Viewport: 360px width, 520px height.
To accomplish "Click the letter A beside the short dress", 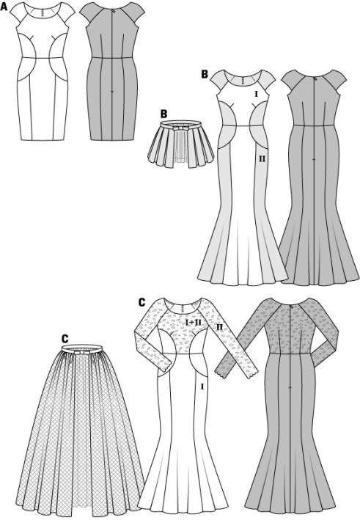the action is [x=4, y=7].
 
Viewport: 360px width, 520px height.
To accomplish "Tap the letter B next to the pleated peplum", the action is [x=164, y=114].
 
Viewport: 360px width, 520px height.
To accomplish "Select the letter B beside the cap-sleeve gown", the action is [x=205, y=74].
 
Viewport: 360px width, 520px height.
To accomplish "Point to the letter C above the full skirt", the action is [x=65, y=338].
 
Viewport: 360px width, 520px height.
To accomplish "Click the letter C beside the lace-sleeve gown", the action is [x=142, y=302].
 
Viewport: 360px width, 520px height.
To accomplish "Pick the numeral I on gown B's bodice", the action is [x=256, y=94].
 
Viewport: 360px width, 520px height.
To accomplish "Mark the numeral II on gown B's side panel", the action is [x=262, y=159].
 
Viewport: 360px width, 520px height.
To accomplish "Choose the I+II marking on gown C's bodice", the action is [x=191, y=322].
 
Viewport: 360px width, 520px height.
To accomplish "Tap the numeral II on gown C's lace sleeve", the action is [x=219, y=327].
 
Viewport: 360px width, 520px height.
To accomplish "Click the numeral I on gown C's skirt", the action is [x=202, y=386].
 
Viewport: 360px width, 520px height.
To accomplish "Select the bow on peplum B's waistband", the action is [x=181, y=127].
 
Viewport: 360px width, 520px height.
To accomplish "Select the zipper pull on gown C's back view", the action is [x=291, y=307].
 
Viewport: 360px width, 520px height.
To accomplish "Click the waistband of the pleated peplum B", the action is [x=181, y=125].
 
